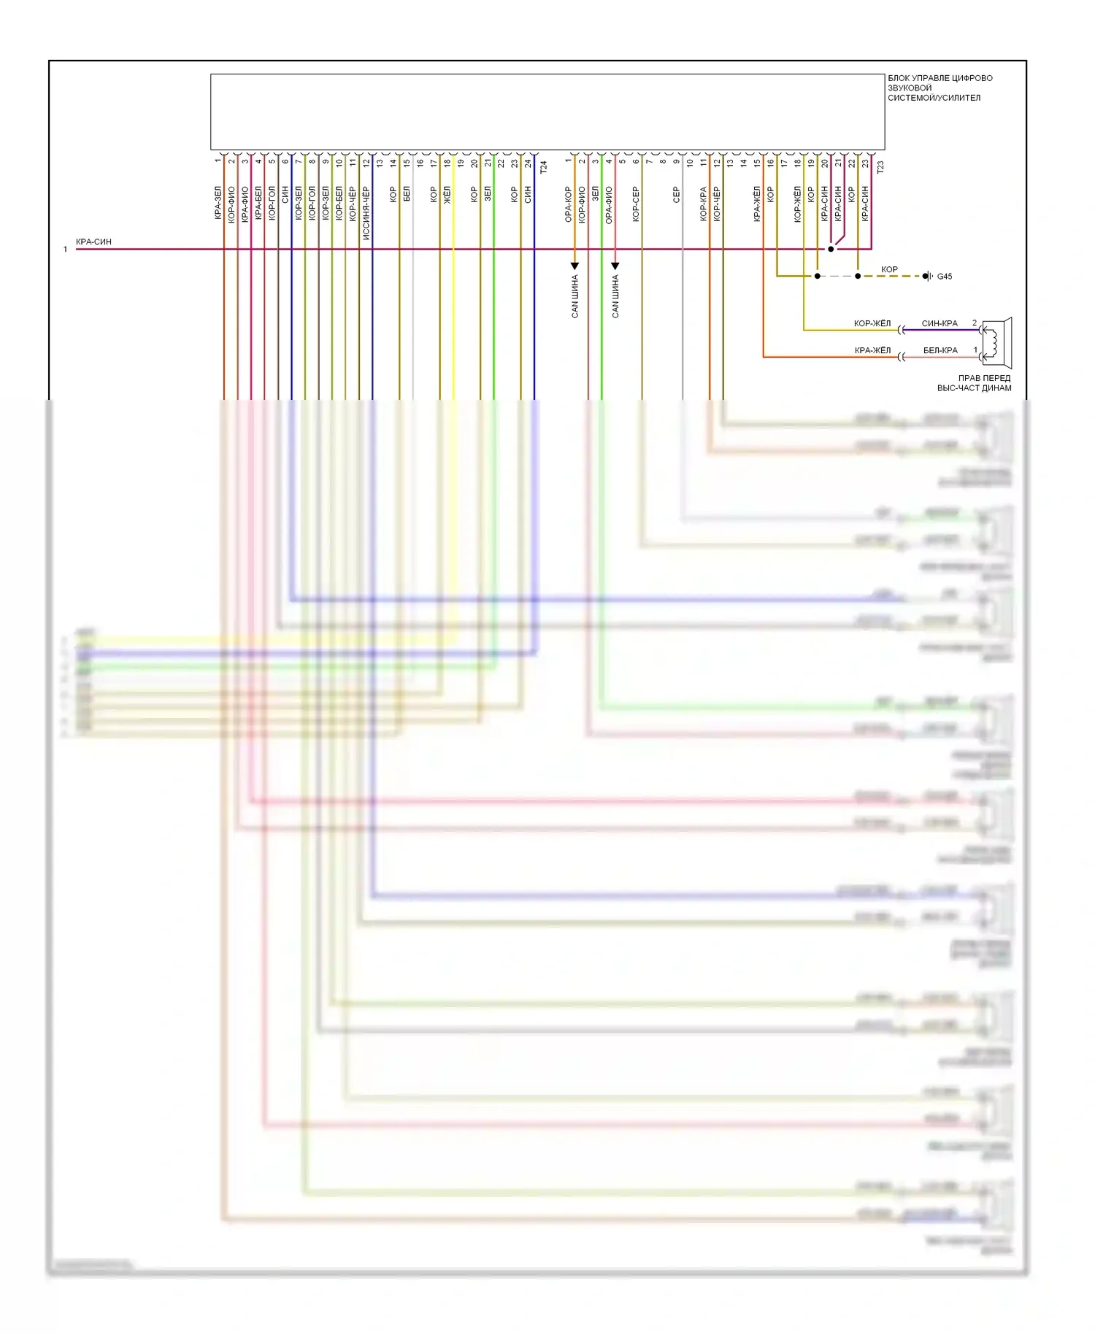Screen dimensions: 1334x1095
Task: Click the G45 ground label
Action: point(944,277)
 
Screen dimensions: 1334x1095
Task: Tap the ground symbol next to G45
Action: point(927,276)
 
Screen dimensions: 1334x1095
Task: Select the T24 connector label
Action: point(543,167)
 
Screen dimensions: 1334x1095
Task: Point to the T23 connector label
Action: point(880,167)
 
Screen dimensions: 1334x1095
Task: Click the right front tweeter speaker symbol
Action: point(996,342)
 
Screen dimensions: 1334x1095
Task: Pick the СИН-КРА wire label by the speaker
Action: point(940,323)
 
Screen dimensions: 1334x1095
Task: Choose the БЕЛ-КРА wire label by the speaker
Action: point(940,350)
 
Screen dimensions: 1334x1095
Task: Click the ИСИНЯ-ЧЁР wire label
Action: point(366,213)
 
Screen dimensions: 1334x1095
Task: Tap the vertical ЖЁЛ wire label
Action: point(447,195)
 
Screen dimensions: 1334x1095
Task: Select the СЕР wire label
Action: point(676,195)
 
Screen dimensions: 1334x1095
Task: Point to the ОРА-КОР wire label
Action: point(568,204)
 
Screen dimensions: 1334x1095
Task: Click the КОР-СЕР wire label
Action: point(636,204)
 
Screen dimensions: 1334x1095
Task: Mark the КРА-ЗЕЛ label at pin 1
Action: point(218,203)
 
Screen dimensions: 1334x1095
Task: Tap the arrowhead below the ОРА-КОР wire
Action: point(575,266)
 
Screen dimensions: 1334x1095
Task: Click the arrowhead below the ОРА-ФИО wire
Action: point(615,266)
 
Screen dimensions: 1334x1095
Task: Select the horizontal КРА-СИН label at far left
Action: point(93,242)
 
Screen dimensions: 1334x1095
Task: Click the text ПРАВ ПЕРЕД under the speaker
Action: point(984,378)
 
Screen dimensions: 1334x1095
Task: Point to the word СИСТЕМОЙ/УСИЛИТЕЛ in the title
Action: point(934,98)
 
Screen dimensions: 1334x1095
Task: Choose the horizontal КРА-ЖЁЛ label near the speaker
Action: point(872,350)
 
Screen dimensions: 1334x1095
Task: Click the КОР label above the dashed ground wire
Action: point(889,269)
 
